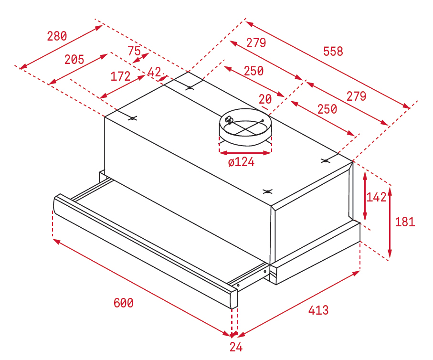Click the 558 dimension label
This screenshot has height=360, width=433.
[333, 52]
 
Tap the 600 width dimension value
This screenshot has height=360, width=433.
[124, 303]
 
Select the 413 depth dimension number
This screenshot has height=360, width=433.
[318, 310]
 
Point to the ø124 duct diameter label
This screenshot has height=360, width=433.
[241, 162]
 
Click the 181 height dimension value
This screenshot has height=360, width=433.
[405, 222]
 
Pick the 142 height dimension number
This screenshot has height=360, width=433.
[376, 197]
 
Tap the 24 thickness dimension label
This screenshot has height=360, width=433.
[236, 347]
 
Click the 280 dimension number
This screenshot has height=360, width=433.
[57, 36]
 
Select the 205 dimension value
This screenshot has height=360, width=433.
[74, 60]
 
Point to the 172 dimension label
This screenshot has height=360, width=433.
[120, 76]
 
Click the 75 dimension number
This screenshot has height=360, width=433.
[134, 51]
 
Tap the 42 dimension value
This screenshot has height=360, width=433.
[154, 72]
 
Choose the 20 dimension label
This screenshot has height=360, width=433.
[265, 99]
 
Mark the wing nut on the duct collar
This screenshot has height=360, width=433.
[229, 120]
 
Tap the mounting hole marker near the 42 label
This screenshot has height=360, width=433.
[190, 88]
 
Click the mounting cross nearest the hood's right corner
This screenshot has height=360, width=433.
[326, 160]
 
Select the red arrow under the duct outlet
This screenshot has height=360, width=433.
[245, 152]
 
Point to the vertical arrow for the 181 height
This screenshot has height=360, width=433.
[390, 222]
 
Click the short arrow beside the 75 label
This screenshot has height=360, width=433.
[141, 58]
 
